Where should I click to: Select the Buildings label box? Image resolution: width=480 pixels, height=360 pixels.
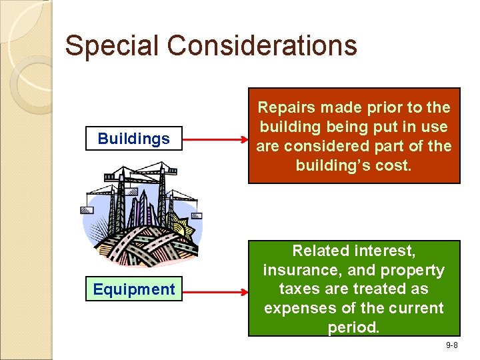[x=133, y=139]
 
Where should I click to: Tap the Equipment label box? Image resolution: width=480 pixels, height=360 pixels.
[x=133, y=289]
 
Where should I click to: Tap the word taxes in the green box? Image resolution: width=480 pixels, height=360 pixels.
[x=298, y=289]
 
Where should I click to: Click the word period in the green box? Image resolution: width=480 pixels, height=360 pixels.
[x=352, y=328]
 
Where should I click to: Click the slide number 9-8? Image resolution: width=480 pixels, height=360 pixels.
[x=451, y=345]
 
